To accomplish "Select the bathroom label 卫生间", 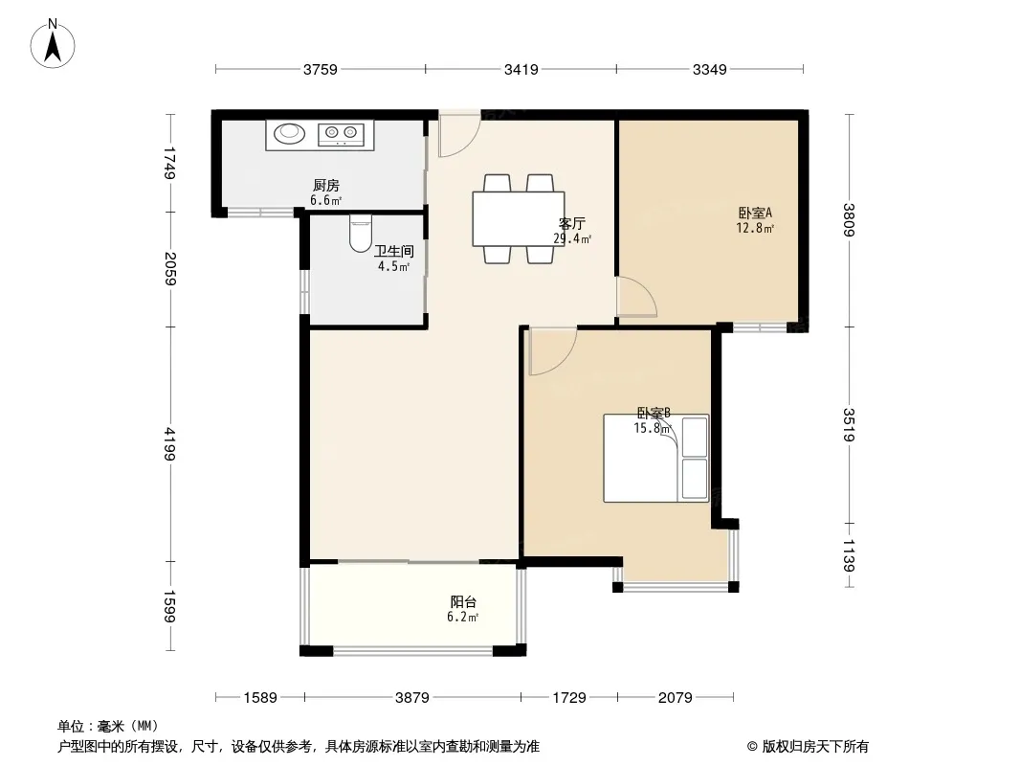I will tap(393, 252).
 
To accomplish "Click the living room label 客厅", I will tap(572, 224).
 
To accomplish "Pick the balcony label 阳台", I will tap(463, 602).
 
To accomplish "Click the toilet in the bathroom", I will tap(361, 235).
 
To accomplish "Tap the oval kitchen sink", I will tap(289, 134).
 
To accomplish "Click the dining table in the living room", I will tap(518, 218).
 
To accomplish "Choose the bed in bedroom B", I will tap(655, 458).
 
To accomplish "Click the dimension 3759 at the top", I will tap(321, 69).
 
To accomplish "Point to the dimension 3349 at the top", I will tap(709, 69).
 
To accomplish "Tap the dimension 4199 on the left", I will tap(170, 443).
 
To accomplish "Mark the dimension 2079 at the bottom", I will tap(675, 698).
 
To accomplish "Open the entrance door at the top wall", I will tap(458, 135).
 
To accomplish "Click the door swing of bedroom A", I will tap(635, 297).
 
